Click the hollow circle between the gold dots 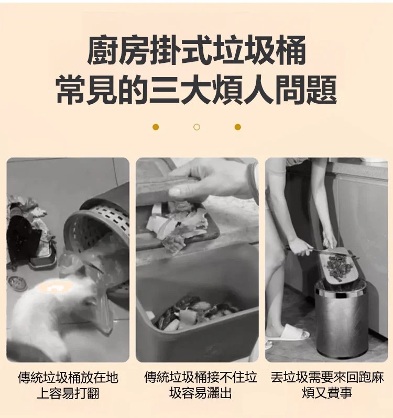(x=196, y=127)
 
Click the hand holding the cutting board (x=211, y=178)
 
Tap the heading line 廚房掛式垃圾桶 (x=196, y=51)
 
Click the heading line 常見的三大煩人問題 (x=196, y=90)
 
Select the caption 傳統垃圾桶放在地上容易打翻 (x=68, y=386)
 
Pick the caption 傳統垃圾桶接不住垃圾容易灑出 (x=201, y=386)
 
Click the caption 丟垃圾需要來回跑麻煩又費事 (x=327, y=386)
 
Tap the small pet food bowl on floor (x=17, y=283)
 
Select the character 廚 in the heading (x=103, y=51)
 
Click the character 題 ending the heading (x=322, y=90)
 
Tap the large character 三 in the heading (x=164, y=90)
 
